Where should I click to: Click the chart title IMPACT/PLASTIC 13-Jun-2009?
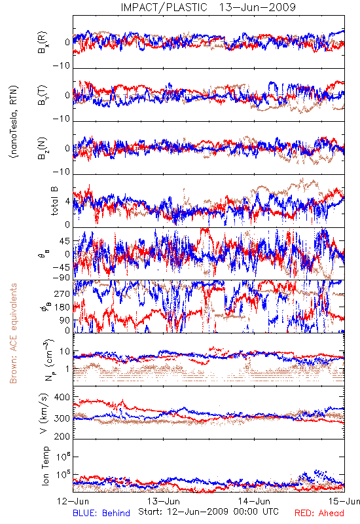point(208,7)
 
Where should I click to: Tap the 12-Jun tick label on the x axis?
point(73,501)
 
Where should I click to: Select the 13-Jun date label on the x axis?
point(164,501)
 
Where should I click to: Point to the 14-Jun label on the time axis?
point(254,501)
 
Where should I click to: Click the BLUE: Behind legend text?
point(101,513)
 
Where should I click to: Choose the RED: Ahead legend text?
point(319,513)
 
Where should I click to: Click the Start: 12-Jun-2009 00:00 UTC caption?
point(208,512)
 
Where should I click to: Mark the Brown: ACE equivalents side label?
point(13,333)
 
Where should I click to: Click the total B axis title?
point(54,201)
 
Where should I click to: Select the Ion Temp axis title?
point(45,466)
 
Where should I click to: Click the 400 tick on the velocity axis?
point(62,397)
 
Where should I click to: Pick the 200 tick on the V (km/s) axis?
point(62,436)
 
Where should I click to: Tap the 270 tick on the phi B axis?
point(62,293)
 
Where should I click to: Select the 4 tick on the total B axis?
point(67,202)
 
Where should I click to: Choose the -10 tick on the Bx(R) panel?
point(62,65)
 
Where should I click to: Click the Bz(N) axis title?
point(43,148)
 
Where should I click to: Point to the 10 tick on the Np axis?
point(65,352)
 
